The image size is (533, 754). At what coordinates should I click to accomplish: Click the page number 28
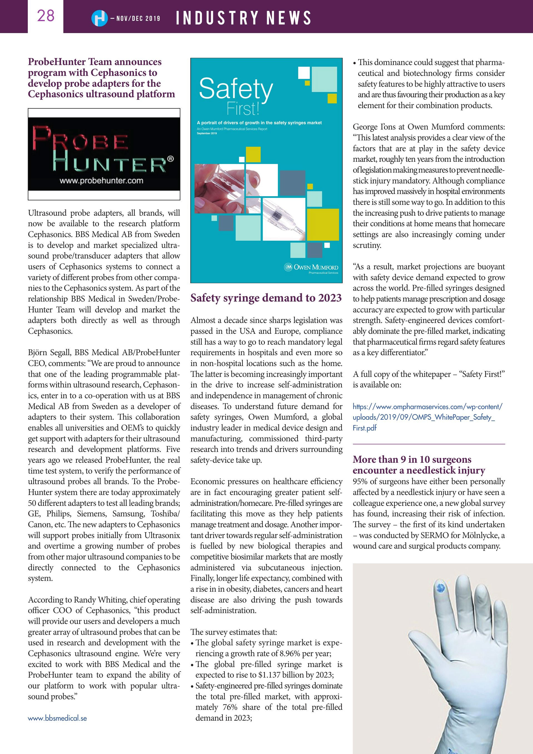tap(45, 16)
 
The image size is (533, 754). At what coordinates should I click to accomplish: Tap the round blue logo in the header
tap(99, 18)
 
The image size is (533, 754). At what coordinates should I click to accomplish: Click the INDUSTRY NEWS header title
tap(243, 18)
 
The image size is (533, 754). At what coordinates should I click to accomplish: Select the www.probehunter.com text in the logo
tap(101, 181)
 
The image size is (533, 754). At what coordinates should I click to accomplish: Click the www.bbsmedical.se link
tap(57, 718)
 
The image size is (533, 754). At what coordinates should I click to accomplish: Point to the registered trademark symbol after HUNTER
tap(170, 159)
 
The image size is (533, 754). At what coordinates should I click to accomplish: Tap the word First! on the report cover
tap(243, 109)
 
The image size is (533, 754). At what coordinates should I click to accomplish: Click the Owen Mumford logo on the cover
tap(311, 268)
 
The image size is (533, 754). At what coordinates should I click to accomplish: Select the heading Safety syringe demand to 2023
tap(266, 298)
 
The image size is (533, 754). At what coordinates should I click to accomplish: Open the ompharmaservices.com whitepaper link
tap(427, 417)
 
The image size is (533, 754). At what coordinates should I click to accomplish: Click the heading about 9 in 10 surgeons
tap(419, 465)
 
